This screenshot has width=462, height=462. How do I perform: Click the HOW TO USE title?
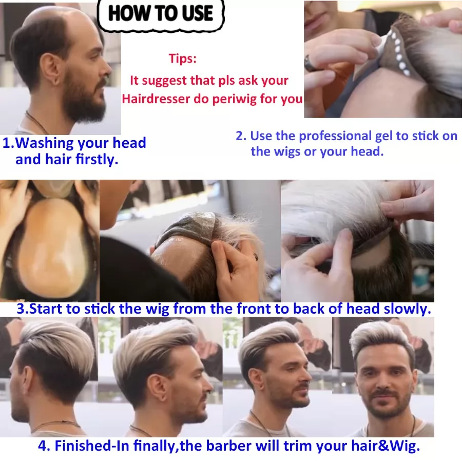(161, 13)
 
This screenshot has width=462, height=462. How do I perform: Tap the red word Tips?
(182, 59)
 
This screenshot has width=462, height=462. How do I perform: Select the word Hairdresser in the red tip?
(156, 99)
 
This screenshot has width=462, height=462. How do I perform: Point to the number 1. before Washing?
(8, 143)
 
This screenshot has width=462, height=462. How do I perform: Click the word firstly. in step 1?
(97, 160)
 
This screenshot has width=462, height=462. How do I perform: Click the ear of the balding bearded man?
(50, 68)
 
